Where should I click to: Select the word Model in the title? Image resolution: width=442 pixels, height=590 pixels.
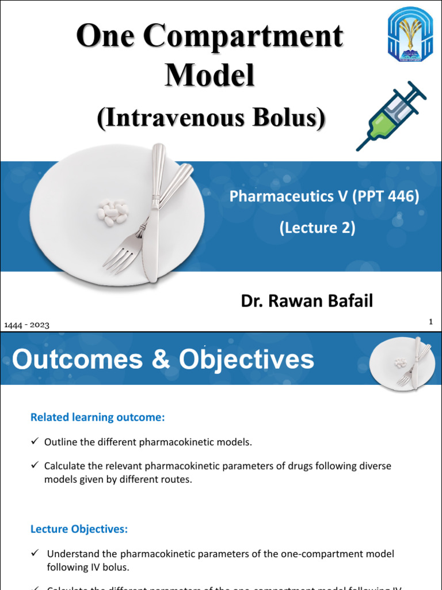click(209, 75)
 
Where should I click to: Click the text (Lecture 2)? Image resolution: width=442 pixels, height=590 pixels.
click(317, 228)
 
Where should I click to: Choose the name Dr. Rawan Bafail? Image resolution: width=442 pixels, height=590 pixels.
click(306, 301)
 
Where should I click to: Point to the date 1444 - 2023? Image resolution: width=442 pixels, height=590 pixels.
click(26, 325)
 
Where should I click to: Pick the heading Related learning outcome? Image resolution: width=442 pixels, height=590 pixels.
click(97, 418)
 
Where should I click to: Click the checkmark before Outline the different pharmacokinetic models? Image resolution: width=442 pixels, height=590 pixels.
click(35, 441)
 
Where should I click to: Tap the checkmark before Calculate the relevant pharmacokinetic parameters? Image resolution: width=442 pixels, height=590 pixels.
click(35, 465)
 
